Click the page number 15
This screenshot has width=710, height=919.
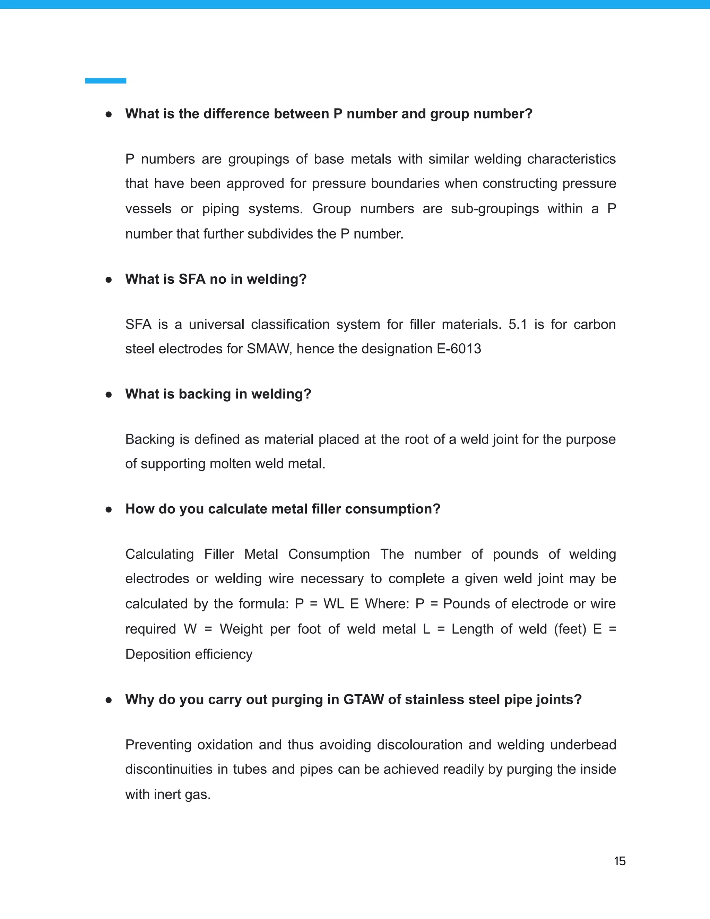[620, 861]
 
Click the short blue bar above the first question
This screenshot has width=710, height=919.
[106, 81]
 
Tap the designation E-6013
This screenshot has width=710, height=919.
[459, 349]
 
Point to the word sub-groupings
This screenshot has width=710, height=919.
[495, 208]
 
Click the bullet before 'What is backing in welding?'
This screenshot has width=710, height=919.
[109, 394]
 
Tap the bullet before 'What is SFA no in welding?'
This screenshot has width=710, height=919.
[109, 280]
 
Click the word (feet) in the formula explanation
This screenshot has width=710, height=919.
[570, 629]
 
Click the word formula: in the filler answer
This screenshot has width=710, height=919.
[264, 603]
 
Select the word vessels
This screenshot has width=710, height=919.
[148, 208]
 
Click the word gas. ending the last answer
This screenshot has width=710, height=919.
[198, 795]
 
